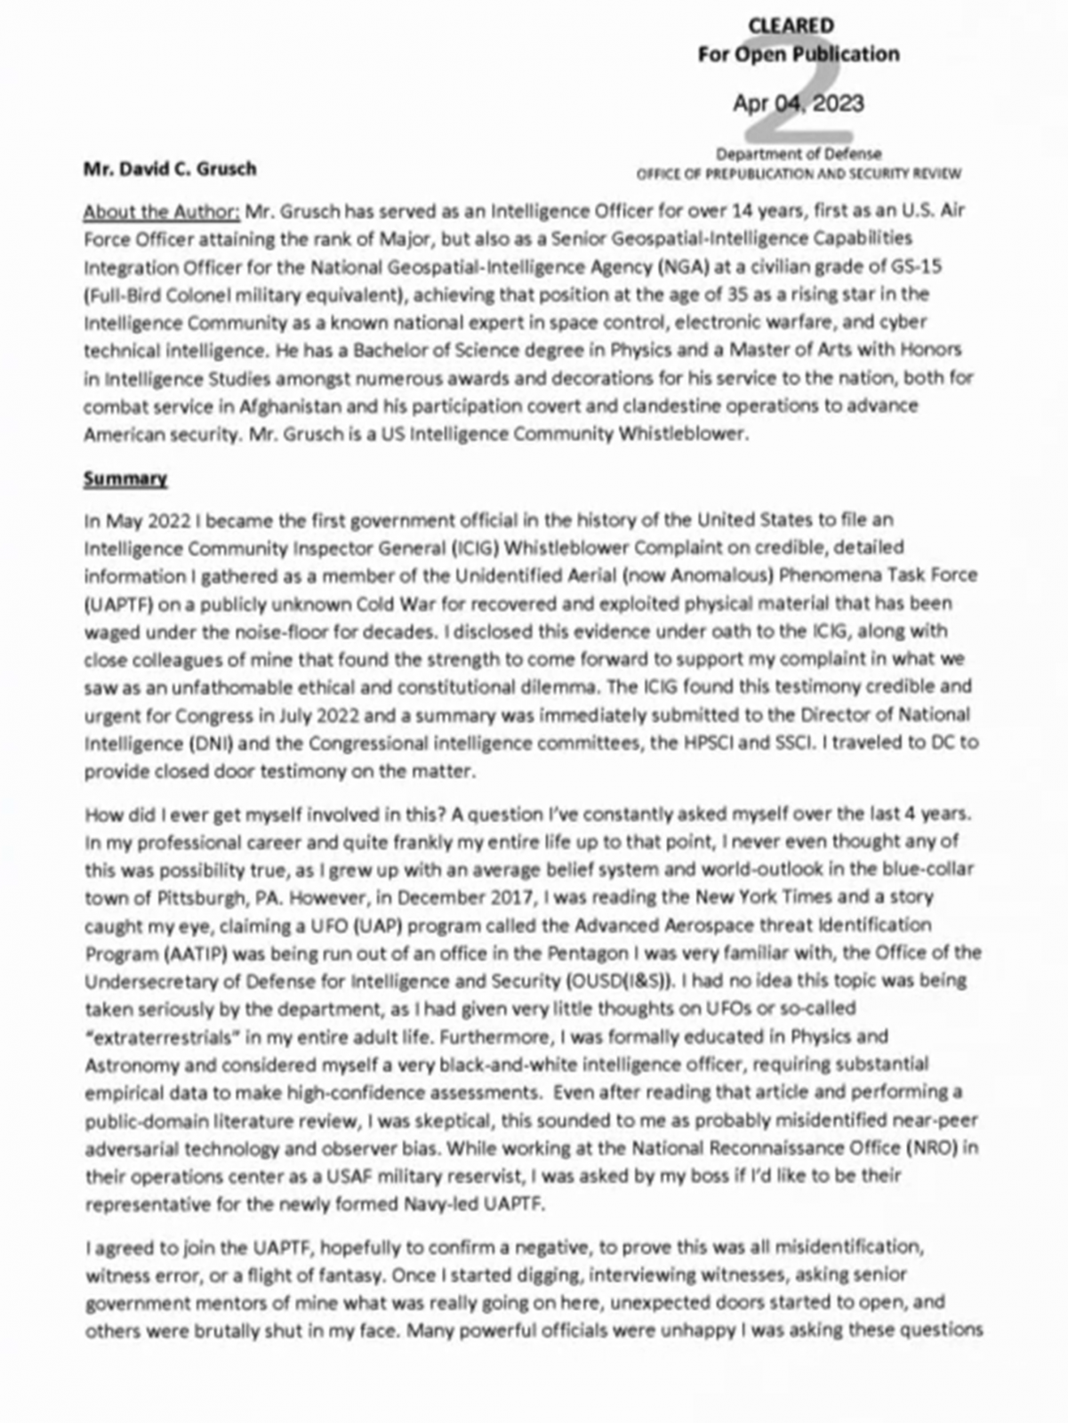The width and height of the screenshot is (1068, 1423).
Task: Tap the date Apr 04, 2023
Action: (x=798, y=103)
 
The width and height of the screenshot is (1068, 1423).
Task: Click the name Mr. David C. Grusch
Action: (x=170, y=168)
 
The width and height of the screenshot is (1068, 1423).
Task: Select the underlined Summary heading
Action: (x=125, y=478)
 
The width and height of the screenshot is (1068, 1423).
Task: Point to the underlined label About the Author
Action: (x=161, y=212)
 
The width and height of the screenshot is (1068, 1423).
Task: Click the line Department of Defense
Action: (x=799, y=154)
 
